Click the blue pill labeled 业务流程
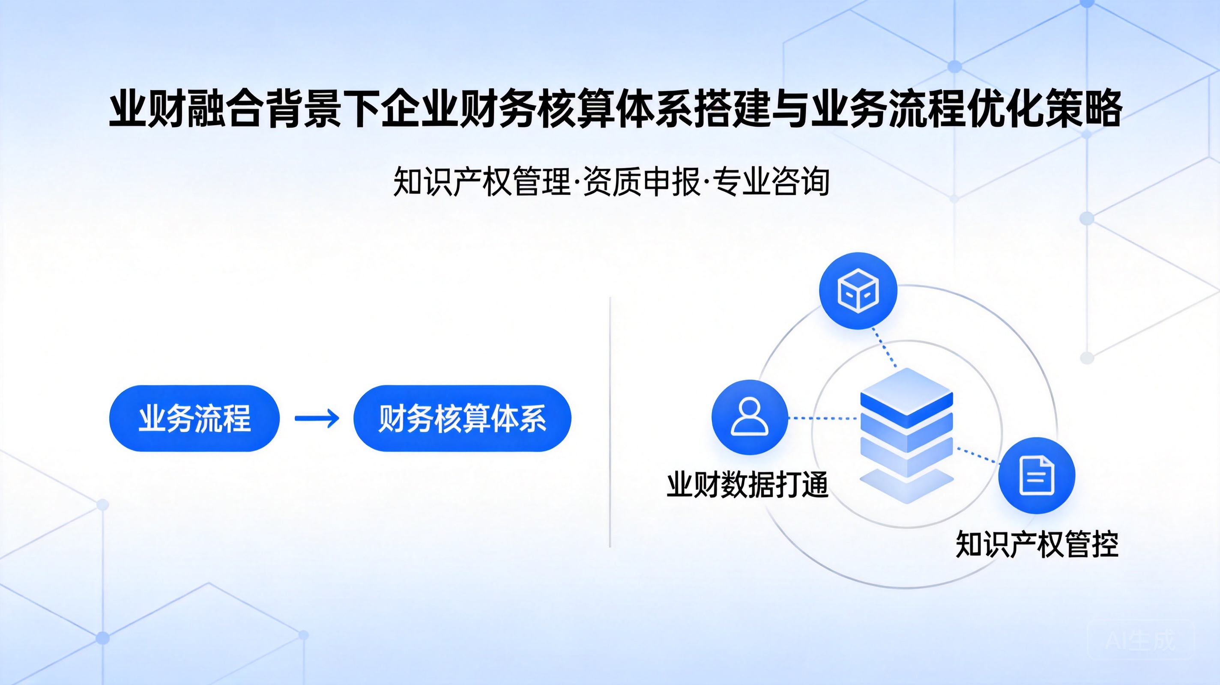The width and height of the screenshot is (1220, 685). pos(194,418)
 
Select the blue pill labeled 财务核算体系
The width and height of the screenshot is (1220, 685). pos(462,418)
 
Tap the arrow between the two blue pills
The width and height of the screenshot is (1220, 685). pos(317,418)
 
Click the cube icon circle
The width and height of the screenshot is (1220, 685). pos(858,291)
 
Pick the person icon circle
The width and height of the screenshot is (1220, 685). pos(750,417)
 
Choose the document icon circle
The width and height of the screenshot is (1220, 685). pos(1037,475)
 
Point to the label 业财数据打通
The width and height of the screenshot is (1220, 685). pos(748,485)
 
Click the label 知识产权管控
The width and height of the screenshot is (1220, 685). pos(1037,545)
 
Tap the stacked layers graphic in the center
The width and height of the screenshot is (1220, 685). pos(906,435)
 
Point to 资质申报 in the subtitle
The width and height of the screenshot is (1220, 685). pos(642,181)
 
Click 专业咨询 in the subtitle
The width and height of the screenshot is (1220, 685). pos(771,181)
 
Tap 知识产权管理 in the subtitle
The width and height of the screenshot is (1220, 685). pos(481,181)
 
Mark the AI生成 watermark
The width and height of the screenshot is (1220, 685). pos(1140,641)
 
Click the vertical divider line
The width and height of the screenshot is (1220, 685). pos(610,422)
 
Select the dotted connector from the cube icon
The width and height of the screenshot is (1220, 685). pos(884,348)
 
